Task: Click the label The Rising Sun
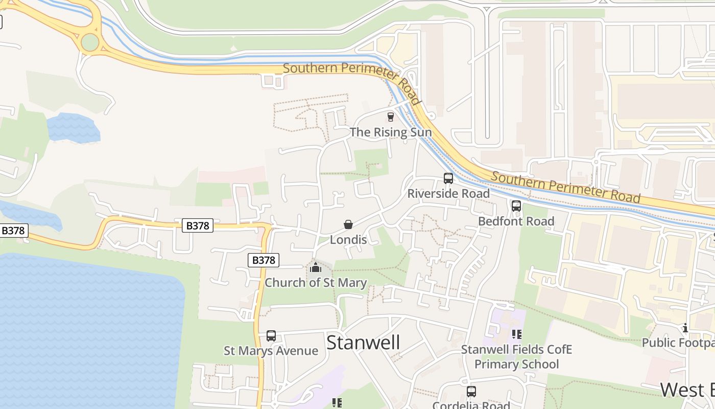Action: point(391,132)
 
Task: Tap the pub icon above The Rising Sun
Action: point(391,117)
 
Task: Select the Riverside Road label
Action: point(448,194)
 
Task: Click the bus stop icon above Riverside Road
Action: point(448,178)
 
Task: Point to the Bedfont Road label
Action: point(516,221)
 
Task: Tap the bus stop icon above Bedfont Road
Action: point(516,206)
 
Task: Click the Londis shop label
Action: point(348,240)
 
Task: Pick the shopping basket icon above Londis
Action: point(348,224)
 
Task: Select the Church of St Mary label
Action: point(316,283)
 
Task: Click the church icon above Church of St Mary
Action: point(316,267)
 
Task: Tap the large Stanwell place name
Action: point(363,343)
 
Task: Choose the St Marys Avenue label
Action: point(271,351)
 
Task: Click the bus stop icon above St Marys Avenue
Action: point(271,336)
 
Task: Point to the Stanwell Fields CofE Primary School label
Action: point(516,357)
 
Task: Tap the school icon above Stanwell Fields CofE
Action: point(516,334)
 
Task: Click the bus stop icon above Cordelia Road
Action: point(471,392)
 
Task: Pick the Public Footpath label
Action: point(678,343)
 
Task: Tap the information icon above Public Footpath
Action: point(685,328)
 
